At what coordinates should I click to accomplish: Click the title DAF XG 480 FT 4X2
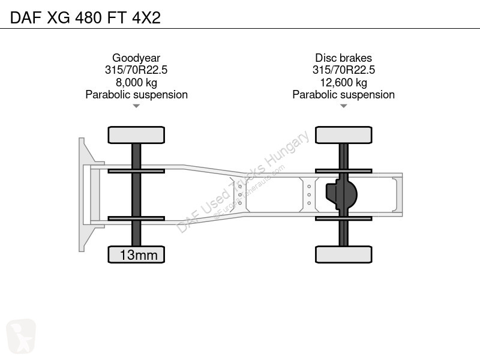click(85, 17)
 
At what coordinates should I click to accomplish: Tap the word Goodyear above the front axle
click(136, 58)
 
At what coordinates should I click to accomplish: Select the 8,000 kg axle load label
click(136, 82)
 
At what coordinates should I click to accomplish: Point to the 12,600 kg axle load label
click(343, 82)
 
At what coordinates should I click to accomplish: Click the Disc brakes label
click(343, 58)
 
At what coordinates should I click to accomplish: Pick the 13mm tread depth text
click(139, 255)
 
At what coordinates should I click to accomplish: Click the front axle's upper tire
click(136, 135)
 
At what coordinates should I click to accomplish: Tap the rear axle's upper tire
click(343, 135)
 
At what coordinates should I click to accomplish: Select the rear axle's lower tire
click(343, 254)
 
